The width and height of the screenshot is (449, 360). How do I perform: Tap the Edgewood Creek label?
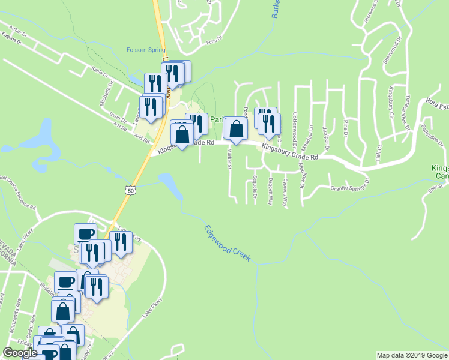click(x=226, y=242)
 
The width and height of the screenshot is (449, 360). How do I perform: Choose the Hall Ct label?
click(x=379, y=149)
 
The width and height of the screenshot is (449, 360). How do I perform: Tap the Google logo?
click(x=20, y=353)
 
